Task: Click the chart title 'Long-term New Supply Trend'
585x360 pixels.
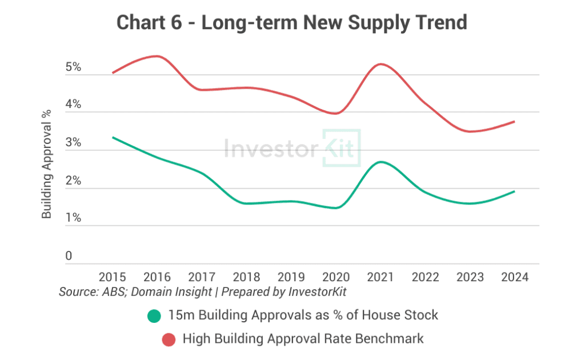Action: (x=292, y=22)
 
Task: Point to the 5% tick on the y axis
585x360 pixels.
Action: (x=73, y=67)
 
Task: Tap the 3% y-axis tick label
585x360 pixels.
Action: (x=73, y=143)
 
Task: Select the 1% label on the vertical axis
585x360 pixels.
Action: (x=73, y=218)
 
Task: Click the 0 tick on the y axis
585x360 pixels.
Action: (x=69, y=256)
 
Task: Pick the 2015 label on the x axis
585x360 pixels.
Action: (x=113, y=277)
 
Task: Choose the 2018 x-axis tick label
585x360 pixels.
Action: (x=247, y=277)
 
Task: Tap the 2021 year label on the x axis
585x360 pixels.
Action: (x=380, y=277)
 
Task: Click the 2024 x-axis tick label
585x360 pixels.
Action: (x=514, y=277)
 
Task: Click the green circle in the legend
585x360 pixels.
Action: (x=154, y=315)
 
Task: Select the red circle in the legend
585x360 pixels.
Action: (x=168, y=339)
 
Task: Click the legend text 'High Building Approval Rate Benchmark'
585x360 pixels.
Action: (x=303, y=339)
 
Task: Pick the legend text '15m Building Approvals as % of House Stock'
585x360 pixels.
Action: (x=303, y=315)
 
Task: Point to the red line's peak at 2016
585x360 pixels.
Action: (x=157, y=56)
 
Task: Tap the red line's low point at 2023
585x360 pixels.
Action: (x=470, y=131)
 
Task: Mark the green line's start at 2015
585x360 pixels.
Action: (x=113, y=138)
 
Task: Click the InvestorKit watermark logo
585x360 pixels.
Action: (x=292, y=149)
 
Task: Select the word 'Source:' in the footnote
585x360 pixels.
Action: (x=78, y=291)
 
